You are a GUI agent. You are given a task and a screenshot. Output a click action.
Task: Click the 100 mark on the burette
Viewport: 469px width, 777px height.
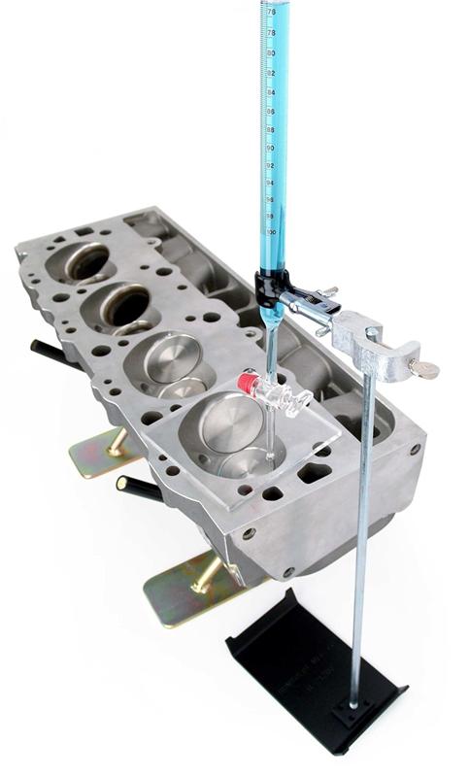pyautogui.click(x=271, y=233)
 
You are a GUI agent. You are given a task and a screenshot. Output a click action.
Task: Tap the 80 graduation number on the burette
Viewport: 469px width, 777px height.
pyautogui.click(x=270, y=52)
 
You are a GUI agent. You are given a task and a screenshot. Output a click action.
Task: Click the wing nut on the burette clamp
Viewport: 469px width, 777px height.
pyautogui.click(x=325, y=294)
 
